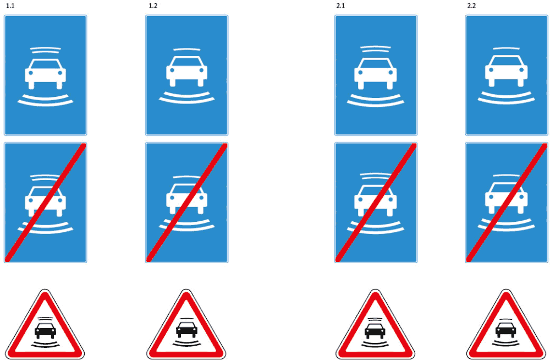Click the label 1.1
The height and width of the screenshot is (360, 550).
pyautogui.click(x=10, y=6)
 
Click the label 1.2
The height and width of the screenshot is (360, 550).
pyautogui.click(x=153, y=6)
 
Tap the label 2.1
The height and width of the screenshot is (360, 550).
pyautogui.click(x=340, y=6)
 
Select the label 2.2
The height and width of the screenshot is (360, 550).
pyautogui.click(x=471, y=6)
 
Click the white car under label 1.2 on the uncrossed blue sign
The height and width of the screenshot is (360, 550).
pyautogui.click(x=186, y=72)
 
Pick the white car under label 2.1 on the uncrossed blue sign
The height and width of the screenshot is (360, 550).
pyautogui.click(x=375, y=74)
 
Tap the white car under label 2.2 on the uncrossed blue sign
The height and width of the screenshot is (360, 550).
pyautogui.click(x=506, y=71)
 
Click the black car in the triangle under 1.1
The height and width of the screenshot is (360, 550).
pyautogui.click(x=45, y=331)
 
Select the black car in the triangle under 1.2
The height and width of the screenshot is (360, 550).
pyautogui.click(x=186, y=330)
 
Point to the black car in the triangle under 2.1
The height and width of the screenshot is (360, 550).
pyautogui.click(x=375, y=331)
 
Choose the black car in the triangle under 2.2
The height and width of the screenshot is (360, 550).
pyautogui.click(x=505, y=330)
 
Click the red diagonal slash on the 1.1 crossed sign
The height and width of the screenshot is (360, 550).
pyautogui.click(x=45, y=203)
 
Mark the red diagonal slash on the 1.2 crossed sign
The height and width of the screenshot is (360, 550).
pyautogui.click(x=186, y=203)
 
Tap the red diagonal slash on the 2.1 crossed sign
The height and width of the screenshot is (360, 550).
pyautogui.click(x=376, y=203)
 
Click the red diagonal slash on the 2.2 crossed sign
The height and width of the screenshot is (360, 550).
pyautogui.click(x=507, y=203)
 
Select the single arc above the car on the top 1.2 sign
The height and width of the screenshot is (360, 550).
pyautogui.click(x=186, y=49)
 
